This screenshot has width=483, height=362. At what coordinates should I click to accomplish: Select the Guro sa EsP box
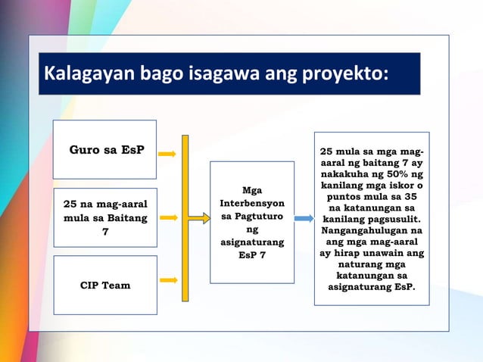104,149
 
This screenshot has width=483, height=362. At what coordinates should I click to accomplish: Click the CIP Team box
104,286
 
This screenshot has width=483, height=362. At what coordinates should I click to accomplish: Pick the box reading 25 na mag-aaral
104,218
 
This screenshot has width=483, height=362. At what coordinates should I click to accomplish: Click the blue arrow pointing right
303,218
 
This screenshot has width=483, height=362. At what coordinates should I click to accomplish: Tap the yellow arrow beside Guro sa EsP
168,154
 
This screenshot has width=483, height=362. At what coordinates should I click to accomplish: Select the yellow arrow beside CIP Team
168,280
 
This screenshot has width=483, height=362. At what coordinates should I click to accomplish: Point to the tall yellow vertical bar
185,218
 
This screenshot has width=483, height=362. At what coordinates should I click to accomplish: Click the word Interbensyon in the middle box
252,204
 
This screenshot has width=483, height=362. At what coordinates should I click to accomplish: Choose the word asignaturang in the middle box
252,243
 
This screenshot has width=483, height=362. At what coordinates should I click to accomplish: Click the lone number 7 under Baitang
104,232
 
